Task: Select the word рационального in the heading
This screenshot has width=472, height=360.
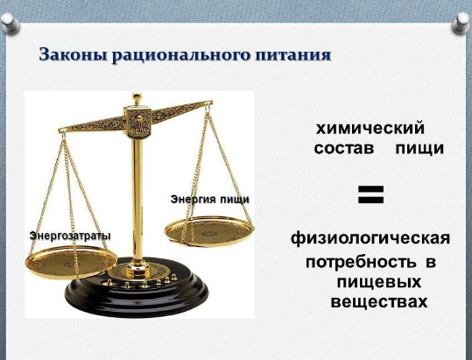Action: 181,56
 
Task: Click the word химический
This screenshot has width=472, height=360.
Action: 370,129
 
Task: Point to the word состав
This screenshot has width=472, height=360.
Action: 344,148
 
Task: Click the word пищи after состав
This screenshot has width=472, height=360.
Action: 419,149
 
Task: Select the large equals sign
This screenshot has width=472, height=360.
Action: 371,194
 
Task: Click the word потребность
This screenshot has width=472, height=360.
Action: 361,263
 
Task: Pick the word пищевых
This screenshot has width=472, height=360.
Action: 378,283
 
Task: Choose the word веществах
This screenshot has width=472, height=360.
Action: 379,302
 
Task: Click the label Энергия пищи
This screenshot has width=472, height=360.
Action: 210,200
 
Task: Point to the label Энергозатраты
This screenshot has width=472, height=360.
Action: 70,236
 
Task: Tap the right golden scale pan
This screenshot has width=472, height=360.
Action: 209,231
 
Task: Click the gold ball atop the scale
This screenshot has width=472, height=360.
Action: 137,97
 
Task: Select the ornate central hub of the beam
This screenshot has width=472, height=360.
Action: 137,122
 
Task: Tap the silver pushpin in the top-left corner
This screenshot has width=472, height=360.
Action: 10,23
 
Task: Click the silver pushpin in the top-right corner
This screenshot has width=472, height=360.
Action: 461,23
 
